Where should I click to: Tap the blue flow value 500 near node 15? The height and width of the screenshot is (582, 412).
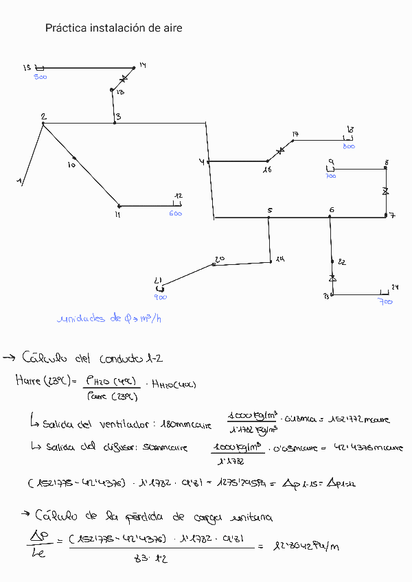[x=41, y=77]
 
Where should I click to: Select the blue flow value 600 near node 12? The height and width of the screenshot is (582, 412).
[x=176, y=213]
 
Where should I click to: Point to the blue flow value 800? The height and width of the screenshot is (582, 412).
[x=349, y=146]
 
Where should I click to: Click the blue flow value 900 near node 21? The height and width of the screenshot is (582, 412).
[x=160, y=297]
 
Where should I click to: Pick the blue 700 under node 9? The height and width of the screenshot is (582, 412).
[x=331, y=176]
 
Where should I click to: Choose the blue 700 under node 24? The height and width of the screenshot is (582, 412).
[x=385, y=301]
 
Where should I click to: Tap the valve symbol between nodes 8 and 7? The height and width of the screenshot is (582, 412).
[x=386, y=191]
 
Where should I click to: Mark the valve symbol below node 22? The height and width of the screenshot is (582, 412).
[x=332, y=277]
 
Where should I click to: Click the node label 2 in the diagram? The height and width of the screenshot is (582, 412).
[x=43, y=116]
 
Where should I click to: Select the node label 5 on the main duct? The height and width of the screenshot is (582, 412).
[x=270, y=210]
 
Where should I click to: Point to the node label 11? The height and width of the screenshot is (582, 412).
[x=117, y=215]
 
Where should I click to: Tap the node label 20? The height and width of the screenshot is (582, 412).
[x=220, y=259]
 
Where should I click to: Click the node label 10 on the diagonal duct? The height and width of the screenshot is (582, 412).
[x=71, y=165]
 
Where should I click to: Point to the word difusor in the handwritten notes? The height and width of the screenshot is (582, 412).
[x=117, y=447]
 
